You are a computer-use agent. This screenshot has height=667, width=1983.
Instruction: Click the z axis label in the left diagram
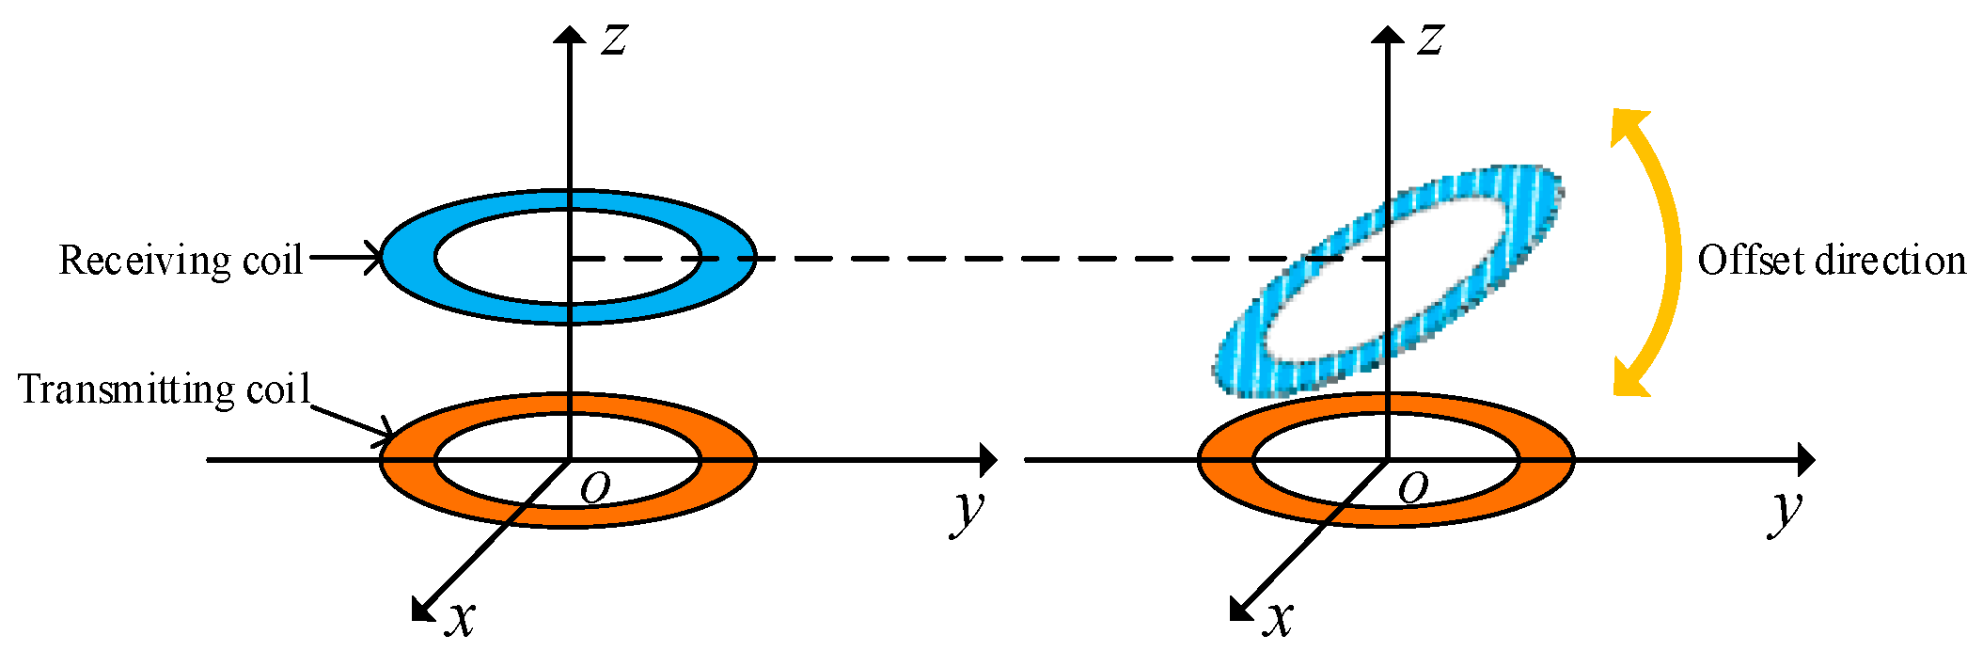614,40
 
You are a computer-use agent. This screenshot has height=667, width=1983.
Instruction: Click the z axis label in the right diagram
1430,40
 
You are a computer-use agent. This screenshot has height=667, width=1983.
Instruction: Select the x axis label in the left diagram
460,618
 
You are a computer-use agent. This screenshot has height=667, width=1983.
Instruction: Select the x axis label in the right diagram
1278,618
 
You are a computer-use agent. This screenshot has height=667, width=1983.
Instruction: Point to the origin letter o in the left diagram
595,486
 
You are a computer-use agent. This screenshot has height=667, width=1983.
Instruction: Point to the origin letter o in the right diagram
1413,486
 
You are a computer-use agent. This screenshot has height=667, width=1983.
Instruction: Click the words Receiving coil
181,260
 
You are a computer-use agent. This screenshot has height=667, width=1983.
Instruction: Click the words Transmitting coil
165,389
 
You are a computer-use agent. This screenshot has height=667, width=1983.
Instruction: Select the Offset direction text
1832,260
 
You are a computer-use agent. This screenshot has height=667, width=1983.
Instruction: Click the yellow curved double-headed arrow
1669,254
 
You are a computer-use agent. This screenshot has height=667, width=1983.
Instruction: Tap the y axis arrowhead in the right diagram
1806,460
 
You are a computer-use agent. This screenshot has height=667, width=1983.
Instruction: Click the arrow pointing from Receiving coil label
343,256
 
